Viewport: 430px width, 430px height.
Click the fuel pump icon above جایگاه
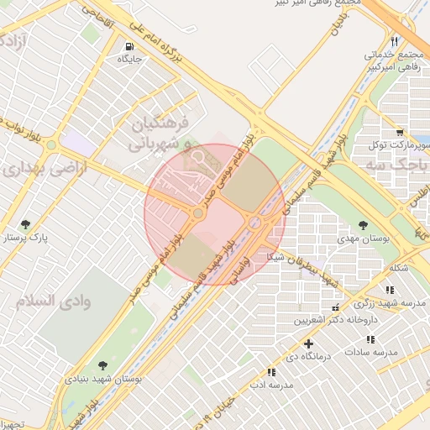point(128,46)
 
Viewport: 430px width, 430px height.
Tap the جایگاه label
point(128,60)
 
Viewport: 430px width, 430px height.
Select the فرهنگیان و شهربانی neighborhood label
point(163,134)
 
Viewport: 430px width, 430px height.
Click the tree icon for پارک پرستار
point(25,224)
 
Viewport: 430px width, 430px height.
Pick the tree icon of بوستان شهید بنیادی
point(102,365)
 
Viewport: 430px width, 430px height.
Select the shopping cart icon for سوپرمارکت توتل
point(400,132)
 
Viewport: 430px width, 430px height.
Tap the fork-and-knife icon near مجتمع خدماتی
point(394,41)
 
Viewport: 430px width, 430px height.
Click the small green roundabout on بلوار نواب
point(50,144)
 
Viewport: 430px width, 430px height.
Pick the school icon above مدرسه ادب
point(270,371)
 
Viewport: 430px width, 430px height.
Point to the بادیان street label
point(338,20)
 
